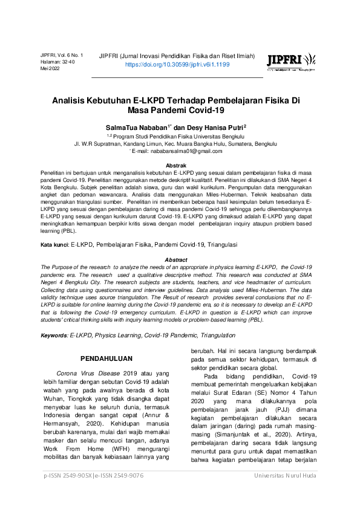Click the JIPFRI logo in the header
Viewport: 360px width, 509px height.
[290, 60]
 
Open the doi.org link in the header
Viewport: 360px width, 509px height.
[177, 63]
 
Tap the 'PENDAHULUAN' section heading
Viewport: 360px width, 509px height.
[106, 358]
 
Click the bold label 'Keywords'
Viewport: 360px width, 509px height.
[54, 335]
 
